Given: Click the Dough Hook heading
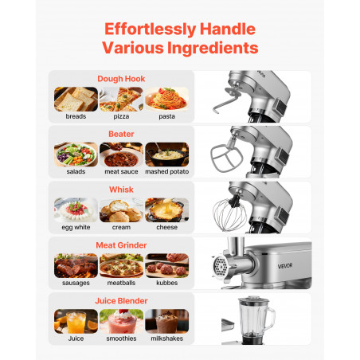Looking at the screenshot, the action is (x=121, y=79).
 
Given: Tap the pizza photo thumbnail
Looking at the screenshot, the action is (x=121, y=100).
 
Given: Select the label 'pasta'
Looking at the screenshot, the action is (x=166, y=116).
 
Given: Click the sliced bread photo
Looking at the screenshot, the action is (x=76, y=100).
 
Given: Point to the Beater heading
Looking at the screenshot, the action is (x=121, y=134).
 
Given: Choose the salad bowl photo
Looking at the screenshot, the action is (x=76, y=155).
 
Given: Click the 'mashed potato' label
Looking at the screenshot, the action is (x=167, y=172).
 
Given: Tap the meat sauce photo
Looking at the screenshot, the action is (x=121, y=155).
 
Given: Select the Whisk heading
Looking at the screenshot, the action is (x=121, y=190).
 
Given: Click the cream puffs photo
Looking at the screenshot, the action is (x=121, y=210).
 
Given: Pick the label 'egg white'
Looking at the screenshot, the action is (x=76, y=228).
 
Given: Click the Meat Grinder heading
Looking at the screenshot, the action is (x=121, y=245).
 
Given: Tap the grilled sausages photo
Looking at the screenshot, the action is (x=76, y=265).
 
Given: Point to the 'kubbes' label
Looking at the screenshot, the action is (x=166, y=283).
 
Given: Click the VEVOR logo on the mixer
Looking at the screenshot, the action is (x=285, y=266).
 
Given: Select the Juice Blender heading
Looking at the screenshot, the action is (x=121, y=301).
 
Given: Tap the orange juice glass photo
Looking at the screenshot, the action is (x=76, y=321).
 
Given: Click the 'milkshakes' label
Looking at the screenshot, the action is (x=166, y=338).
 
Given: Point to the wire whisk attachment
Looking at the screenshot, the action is (x=230, y=214).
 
